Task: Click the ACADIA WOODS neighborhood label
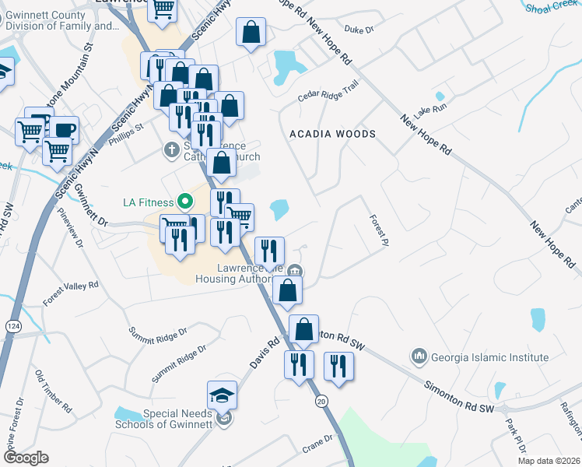pyautogui.click(x=332, y=134)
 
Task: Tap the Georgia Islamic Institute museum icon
pyautogui.click(x=419, y=356)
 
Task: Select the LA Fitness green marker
pyautogui.click(x=184, y=202)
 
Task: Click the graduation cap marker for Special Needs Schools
pyautogui.click(x=222, y=395)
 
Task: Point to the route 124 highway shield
pyautogui.click(x=12, y=303)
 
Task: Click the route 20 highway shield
pyautogui.click(x=321, y=401)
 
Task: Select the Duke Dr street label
pyautogui.click(x=359, y=30)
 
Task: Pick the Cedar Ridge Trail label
pyautogui.click(x=328, y=92)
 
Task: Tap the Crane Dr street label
pyautogui.click(x=317, y=444)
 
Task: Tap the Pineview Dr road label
pyautogui.click(x=77, y=232)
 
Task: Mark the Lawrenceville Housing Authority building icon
pyautogui.click(x=295, y=271)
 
